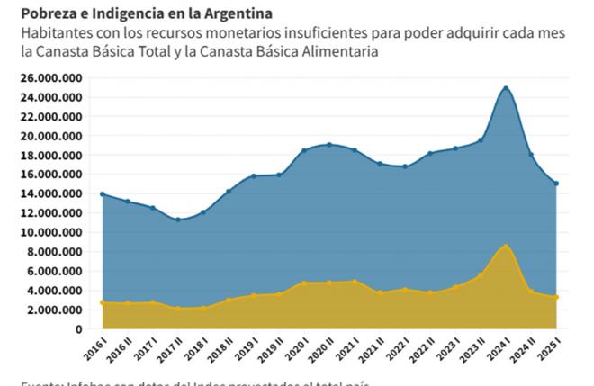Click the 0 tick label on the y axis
79,329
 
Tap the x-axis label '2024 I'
502,346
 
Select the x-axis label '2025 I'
553,346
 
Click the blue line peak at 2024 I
507,88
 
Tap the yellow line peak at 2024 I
507,246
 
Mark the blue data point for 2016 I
103,194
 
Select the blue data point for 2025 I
557,184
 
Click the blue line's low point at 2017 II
178,220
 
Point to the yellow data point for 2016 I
103,302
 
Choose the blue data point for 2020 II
329,144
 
